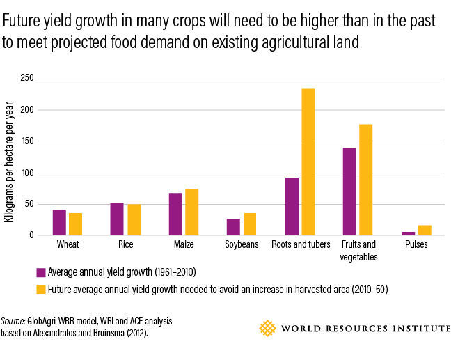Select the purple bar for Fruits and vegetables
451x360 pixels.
coord(349,191)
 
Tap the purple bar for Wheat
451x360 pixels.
coord(59,223)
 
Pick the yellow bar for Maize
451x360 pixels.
coord(191,212)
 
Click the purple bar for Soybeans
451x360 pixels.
coord(232,227)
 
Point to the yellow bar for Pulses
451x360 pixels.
coord(424,230)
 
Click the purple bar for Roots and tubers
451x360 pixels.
coord(292,206)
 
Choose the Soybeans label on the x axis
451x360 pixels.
coord(242,245)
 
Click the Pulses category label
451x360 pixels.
coord(416,245)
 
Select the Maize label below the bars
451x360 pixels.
coord(184,245)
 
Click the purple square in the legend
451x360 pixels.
coord(41,272)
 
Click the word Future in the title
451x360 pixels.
coord(20,22)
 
